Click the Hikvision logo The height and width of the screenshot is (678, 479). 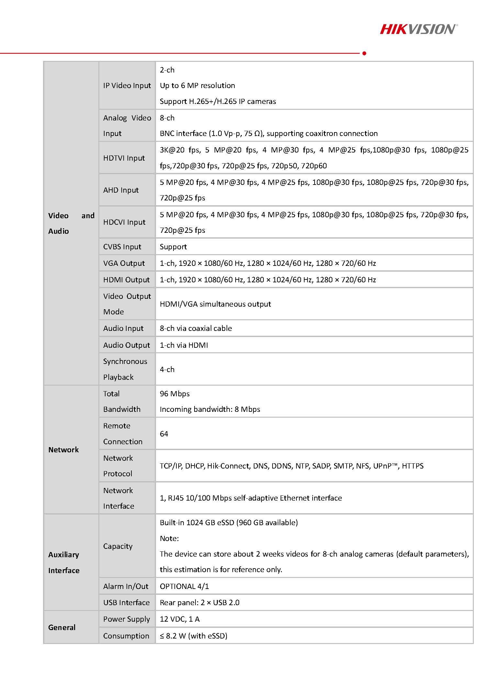(418, 29)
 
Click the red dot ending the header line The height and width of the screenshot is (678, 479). (364, 53)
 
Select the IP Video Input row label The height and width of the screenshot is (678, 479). (127, 85)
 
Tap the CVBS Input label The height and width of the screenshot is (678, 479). (122, 247)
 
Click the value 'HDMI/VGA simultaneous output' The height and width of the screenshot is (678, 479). (215, 304)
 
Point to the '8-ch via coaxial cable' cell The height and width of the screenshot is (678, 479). (196, 328)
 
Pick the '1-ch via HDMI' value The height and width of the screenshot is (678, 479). (184, 345)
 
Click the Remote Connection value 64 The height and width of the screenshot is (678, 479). (164, 434)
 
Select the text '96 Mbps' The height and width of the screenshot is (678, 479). (175, 394)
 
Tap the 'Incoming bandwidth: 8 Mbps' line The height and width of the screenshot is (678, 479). (210, 409)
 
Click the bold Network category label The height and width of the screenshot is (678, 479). (63, 450)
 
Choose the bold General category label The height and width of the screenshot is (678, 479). (62, 627)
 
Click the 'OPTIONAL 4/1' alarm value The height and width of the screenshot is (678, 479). (184, 586)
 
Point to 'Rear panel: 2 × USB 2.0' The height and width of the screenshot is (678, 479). (200, 603)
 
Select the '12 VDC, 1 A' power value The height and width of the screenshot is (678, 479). (180, 619)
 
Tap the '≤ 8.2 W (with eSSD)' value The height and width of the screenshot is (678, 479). (194, 636)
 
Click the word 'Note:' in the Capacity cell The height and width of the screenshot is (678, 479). (169, 538)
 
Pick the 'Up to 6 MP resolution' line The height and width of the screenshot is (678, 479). (197, 85)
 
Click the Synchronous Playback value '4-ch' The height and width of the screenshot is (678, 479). (167, 369)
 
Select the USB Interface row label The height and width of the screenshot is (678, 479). (126, 603)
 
